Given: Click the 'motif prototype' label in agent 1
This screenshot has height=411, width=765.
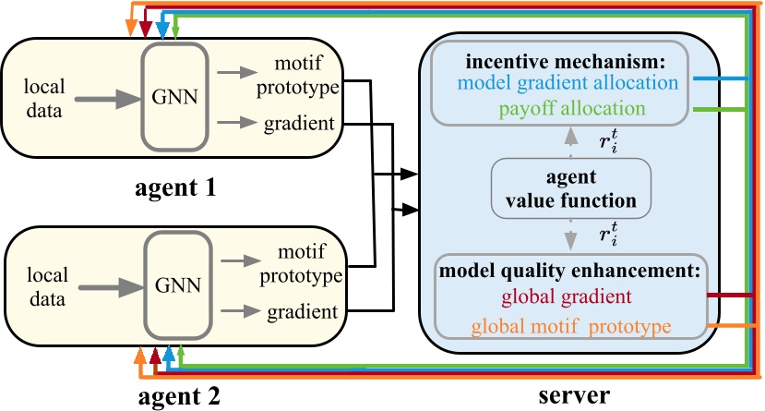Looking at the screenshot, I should click(x=296, y=75).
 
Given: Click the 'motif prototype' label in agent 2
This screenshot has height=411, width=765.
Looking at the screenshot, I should click(x=297, y=264).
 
